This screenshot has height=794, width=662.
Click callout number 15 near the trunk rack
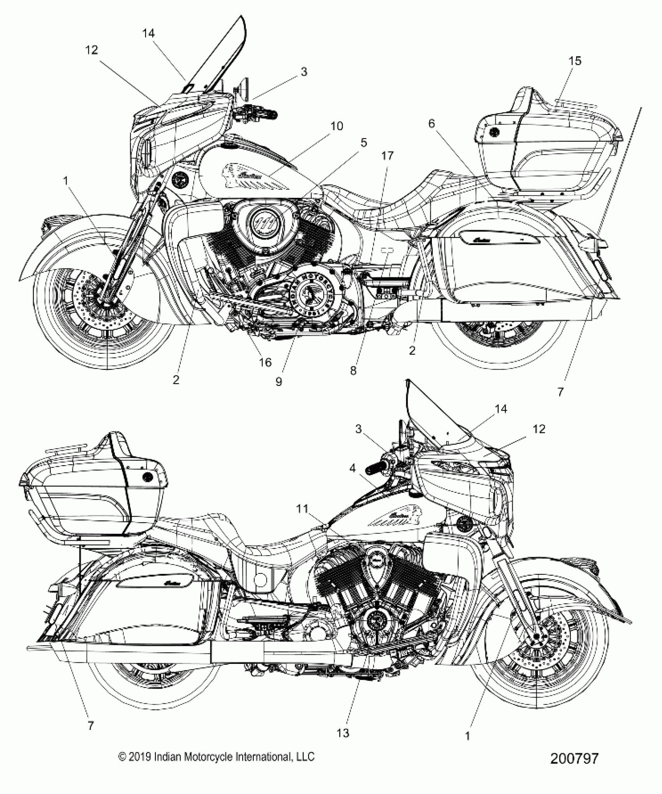pyautogui.click(x=575, y=61)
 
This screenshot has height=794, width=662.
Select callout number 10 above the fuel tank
pyautogui.click(x=337, y=126)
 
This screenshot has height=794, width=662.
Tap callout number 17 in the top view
pyautogui.click(x=387, y=155)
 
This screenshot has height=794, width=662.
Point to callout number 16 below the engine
pyautogui.click(x=265, y=362)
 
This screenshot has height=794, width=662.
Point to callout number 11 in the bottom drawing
pyautogui.click(x=302, y=508)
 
